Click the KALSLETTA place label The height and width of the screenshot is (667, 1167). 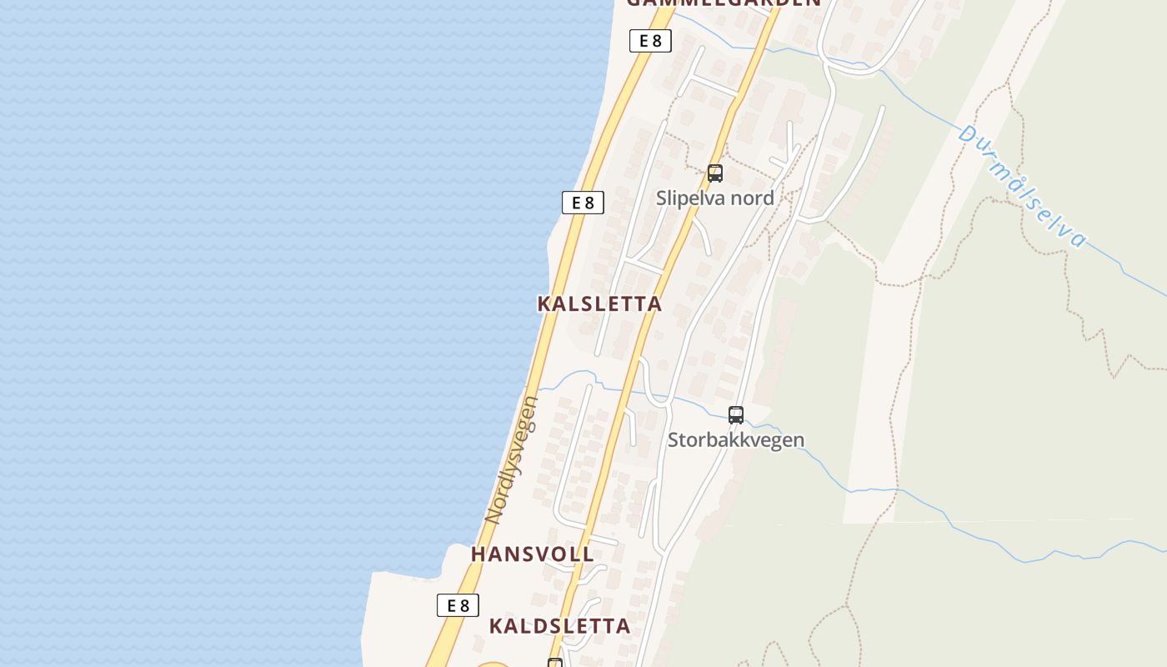point(599,303)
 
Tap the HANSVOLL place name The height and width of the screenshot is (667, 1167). point(532,554)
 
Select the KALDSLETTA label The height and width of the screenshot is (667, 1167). point(559,626)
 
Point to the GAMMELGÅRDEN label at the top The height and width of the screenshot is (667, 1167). point(724,3)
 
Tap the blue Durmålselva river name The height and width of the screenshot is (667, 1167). point(1022,186)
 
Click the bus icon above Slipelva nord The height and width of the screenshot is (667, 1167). point(714,173)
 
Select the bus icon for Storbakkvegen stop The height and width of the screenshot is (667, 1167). point(735,414)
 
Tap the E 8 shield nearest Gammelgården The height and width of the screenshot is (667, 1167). point(650,41)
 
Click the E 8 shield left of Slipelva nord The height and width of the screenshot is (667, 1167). point(583,203)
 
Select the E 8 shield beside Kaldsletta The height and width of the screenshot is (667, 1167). point(458,605)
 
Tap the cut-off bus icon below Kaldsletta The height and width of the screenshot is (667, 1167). point(555,664)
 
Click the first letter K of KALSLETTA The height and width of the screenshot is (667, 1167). point(544,303)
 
